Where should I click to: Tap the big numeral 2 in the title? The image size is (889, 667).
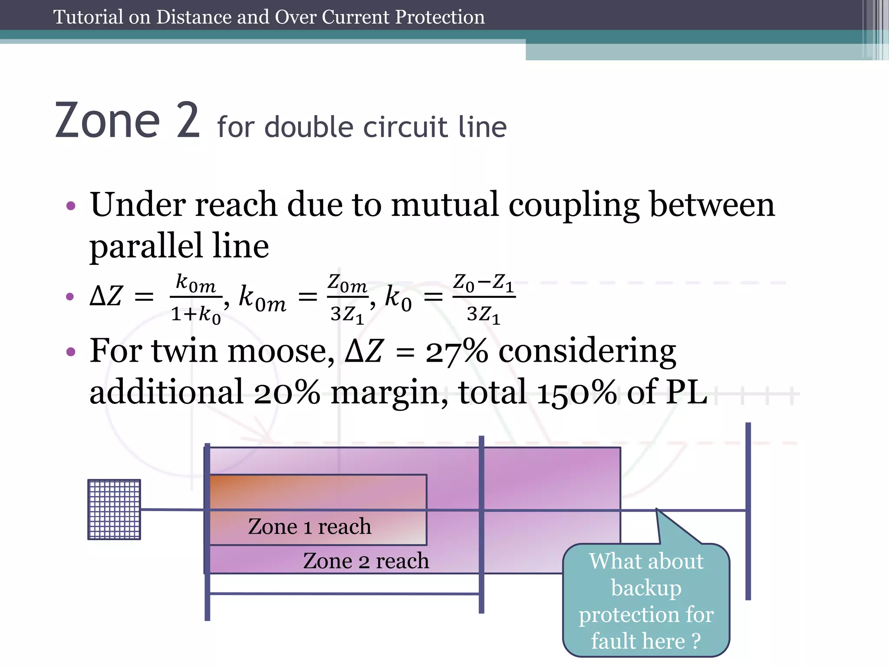[x=188, y=121]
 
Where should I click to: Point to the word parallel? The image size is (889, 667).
[x=146, y=245]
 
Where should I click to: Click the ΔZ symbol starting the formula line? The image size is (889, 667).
[x=106, y=297]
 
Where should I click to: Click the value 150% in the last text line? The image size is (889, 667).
[x=576, y=392]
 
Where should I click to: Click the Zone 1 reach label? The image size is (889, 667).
[x=310, y=527]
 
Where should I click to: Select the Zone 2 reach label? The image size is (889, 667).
[x=366, y=561]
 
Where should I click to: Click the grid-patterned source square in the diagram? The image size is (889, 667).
[x=114, y=509]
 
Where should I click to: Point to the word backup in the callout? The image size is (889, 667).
[x=646, y=588]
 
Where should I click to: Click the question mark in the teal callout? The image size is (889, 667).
[x=696, y=641]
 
